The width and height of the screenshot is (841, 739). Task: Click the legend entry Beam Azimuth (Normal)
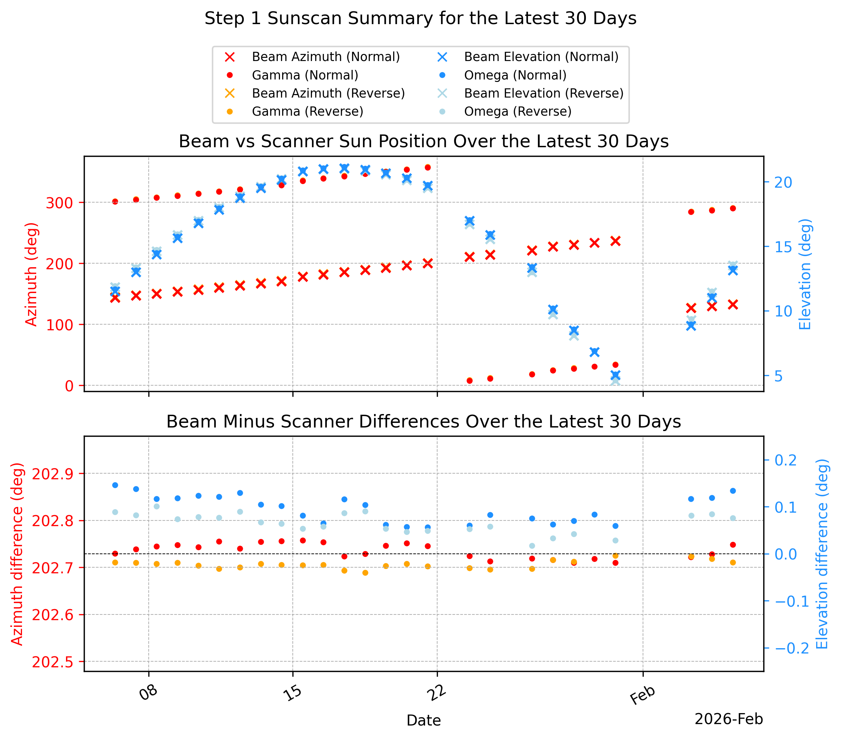[x=325, y=57]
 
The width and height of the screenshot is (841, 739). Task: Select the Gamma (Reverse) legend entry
[x=307, y=111]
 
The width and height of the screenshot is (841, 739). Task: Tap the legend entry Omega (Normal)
[x=515, y=75]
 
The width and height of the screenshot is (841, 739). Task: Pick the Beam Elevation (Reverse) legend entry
[x=544, y=93]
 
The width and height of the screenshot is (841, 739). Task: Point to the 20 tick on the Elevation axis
[x=784, y=182]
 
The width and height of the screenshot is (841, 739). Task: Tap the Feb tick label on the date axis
[x=642, y=695]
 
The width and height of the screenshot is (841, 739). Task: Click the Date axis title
[x=423, y=721]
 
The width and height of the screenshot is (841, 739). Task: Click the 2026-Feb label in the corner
[x=729, y=719]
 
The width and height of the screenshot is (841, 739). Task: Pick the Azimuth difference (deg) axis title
[x=17, y=554]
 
